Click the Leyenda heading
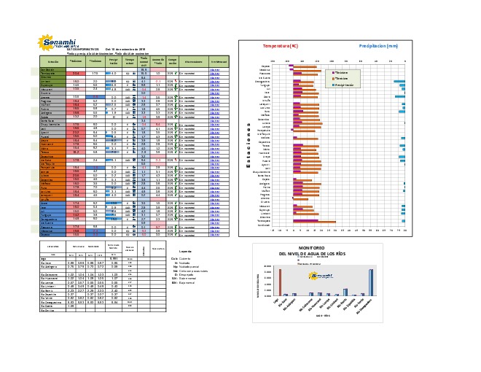click(185, 251)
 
